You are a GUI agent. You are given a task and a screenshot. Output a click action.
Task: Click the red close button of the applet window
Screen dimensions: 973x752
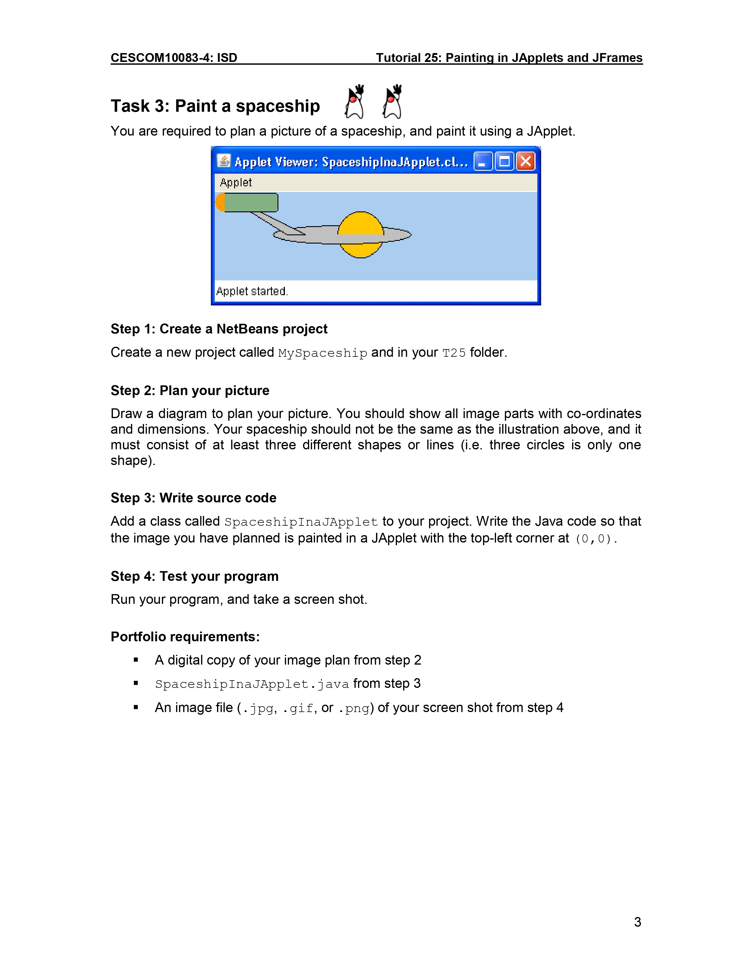pyautogui.click(x=526, y=161)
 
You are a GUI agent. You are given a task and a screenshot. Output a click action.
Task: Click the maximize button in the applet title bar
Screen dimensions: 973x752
pyautogui.click(x=504, y=161)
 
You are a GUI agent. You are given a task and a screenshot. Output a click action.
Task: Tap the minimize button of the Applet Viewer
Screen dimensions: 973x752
pyautogui.click(x=483, y=161)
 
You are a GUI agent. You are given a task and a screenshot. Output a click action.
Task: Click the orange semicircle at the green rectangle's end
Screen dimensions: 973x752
pyautogui.click(x=220, y=203)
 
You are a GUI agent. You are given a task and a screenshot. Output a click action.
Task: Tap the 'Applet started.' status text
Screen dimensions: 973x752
pyautogui.click(x=252, y=291)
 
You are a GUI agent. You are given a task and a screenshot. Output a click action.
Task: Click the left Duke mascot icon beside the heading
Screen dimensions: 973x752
pyautogui.click(x=354, y=103)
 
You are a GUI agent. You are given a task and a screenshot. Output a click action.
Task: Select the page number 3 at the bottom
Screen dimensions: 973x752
pyautogui.click(x=638, y=922)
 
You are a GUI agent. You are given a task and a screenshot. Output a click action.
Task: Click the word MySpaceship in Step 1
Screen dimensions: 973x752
pyautogui.click(x=323, y=353)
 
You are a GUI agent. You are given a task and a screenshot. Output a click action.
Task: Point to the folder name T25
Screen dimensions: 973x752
pyautogui.click(x=454, y=353)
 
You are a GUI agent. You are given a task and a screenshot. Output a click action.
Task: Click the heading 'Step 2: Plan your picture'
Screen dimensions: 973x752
pyautogui.click(x=190, y=391)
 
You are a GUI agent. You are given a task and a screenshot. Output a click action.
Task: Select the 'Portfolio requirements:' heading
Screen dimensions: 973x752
pyautogui.click(x=185, y=637)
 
